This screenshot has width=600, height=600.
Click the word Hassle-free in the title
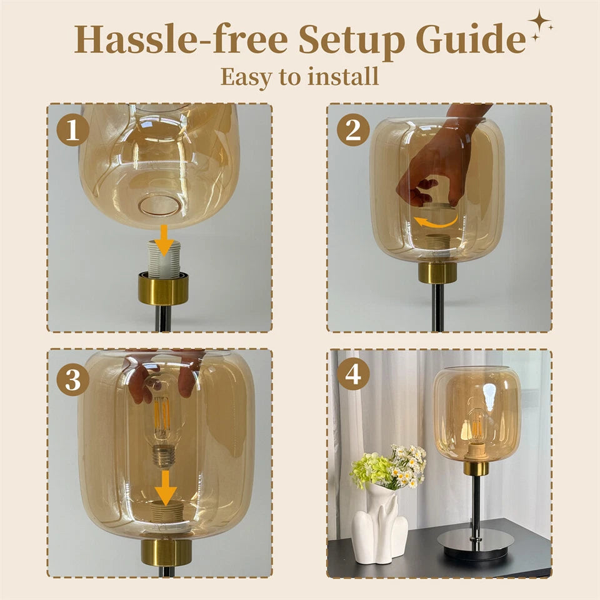[181, 39]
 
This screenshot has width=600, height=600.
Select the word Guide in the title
[470, 39]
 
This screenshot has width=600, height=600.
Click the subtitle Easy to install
[299, 76]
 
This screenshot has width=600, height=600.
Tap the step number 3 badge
[72, 380]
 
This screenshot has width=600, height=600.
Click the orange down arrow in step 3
[166, 486]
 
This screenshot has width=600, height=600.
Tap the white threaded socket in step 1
[164, 259]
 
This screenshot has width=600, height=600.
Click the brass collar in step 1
[163, 288]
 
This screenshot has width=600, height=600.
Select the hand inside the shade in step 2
[437, 162]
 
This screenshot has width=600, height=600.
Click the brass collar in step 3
[166, 551]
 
